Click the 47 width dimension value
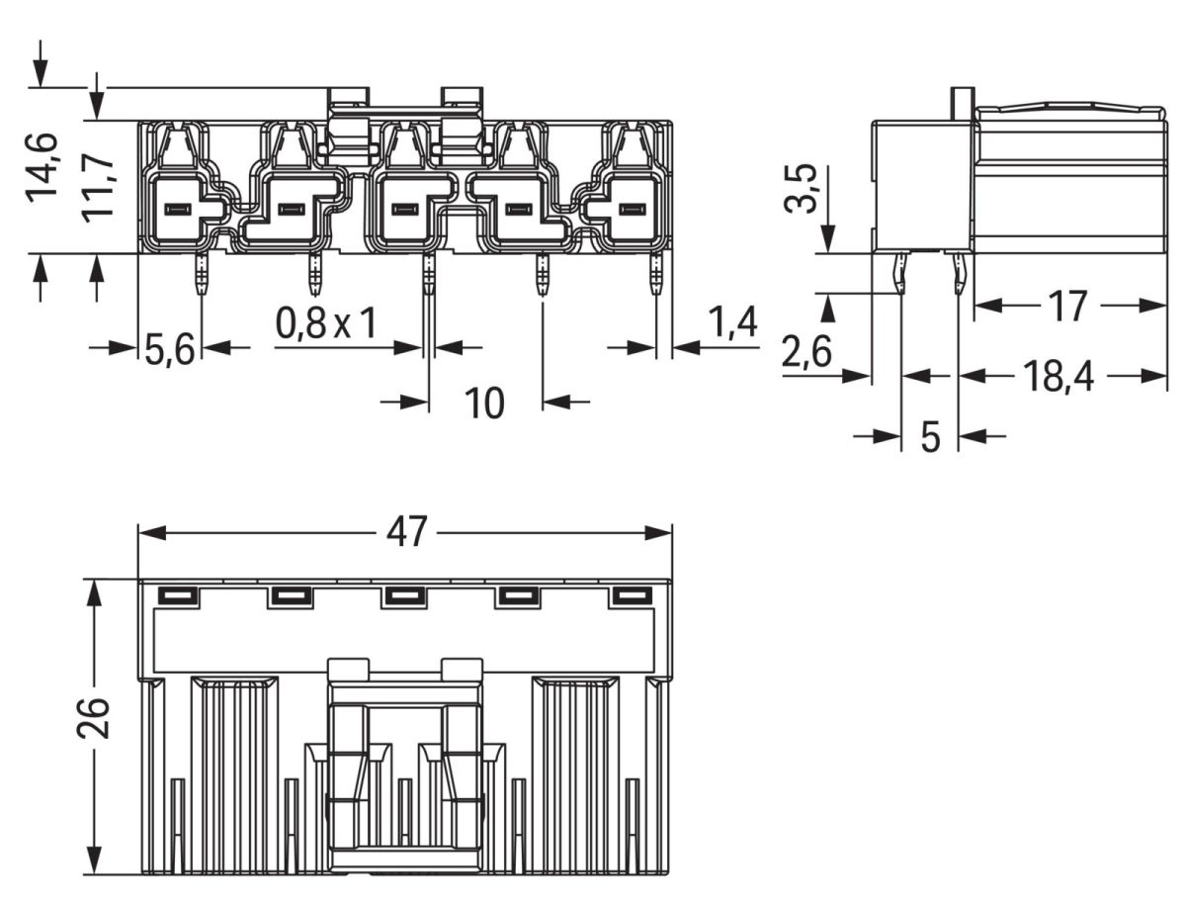(406, 533)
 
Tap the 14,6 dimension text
(43, 166)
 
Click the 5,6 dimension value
(169, 349)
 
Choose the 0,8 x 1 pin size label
(326, 323)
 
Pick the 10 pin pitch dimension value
(484, 403)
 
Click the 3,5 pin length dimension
(806, 188)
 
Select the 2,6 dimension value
(806, 353)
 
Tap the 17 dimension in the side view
(1067, 307)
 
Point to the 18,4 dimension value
(1058, 376)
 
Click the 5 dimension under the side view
(930, 435)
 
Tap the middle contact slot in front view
(403, 210)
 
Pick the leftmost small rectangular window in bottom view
(177, 595)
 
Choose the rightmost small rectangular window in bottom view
(633, 595)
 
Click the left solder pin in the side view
(900, 273)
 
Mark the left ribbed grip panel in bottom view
(233, 762)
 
